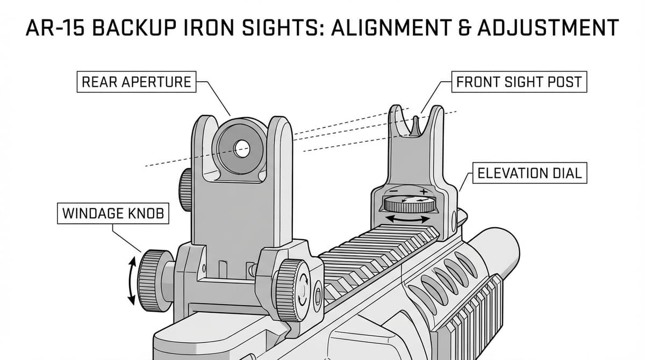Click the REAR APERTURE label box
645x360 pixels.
pyautogui.click(x=136, y=82)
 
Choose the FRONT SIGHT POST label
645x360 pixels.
pyautogui.click(x=519, y=82)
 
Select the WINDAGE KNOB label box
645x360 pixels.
pyautogui.click(x=112, y=213)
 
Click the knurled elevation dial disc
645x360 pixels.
pyautogui.click(x=409, y=204)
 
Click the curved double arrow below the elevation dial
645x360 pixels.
pyautogui.click(x=408, y=219)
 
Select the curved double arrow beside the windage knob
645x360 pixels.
pyautogui.click(x=130, y=279)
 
